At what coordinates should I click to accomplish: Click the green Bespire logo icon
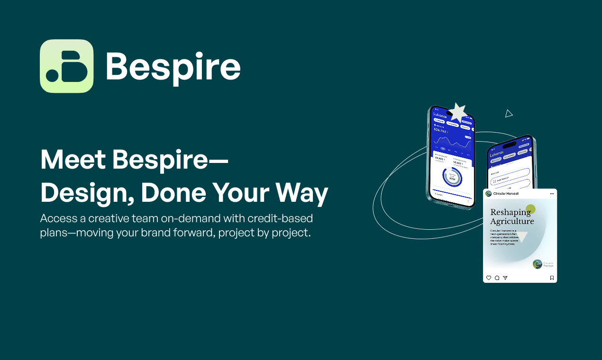66,66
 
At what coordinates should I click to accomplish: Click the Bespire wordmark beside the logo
173,67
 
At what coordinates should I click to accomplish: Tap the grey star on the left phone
457,113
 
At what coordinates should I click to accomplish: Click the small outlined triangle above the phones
509,114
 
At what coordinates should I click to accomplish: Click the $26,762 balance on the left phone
441,131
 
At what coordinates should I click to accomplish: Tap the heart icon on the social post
489,278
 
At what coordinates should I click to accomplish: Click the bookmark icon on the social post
552,278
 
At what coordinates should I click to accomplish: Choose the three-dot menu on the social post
551,193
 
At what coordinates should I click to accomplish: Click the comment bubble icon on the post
497,278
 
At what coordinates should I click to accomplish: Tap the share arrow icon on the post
505,278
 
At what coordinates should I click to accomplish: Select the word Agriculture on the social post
512,221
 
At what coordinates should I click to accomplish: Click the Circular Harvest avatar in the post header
488,193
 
